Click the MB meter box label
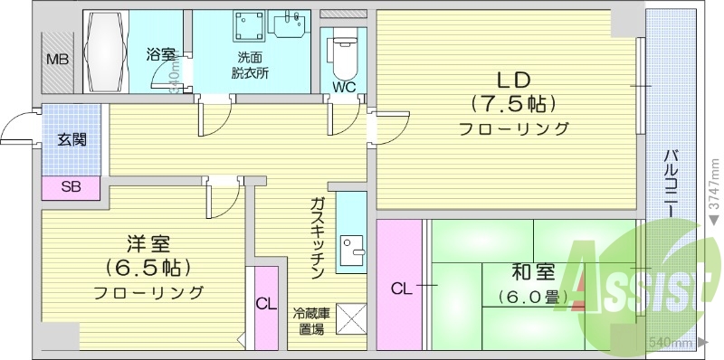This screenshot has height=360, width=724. click(x=56, y=60)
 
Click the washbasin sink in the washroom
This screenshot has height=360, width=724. click(x=291, y=27)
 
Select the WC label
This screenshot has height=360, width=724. click(x=344, y=88)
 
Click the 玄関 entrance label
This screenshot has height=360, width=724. click(x=72, y=139)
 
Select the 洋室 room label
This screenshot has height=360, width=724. click(x=148, y=244)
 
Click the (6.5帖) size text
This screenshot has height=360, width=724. click(x=148, y=268)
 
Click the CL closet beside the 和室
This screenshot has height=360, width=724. click(x=401, y=289)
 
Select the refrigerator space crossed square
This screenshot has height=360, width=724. click(x=350, y=317)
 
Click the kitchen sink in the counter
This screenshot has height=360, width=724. click(x=351, y=247)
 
